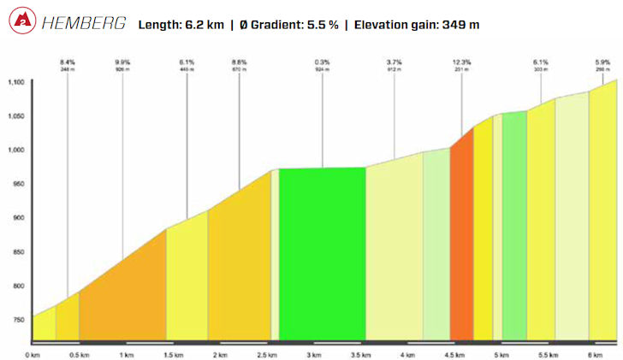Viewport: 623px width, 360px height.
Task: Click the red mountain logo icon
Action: point(24,24)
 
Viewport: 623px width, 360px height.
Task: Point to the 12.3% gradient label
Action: point(462,62)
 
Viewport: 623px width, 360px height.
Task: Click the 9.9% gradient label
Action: point(122,62)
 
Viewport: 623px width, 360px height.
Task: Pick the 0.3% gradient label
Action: point(322,62)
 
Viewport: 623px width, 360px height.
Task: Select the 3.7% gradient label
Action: point(394,62)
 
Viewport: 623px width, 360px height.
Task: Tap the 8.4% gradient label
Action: point(68,62)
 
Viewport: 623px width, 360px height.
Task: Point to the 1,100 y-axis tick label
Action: point(16,83)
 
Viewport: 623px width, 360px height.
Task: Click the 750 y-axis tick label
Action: point(19,319)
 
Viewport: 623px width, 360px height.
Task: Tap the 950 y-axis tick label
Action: point(19,184)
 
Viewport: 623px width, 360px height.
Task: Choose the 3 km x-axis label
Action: point(315,354)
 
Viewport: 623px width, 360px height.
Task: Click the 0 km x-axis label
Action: point(33,354)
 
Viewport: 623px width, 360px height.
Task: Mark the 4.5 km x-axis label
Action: point(455,354)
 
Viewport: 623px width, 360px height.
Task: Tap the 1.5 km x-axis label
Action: point(174,354)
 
